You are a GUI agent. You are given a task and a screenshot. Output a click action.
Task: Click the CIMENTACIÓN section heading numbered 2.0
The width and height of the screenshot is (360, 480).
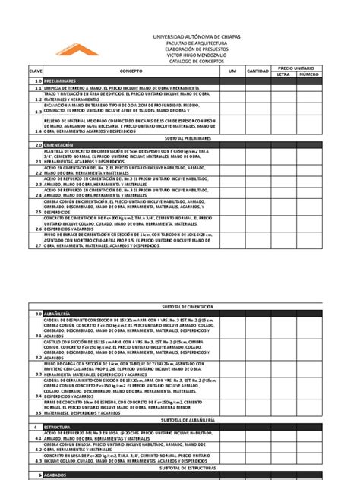point(62,143)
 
